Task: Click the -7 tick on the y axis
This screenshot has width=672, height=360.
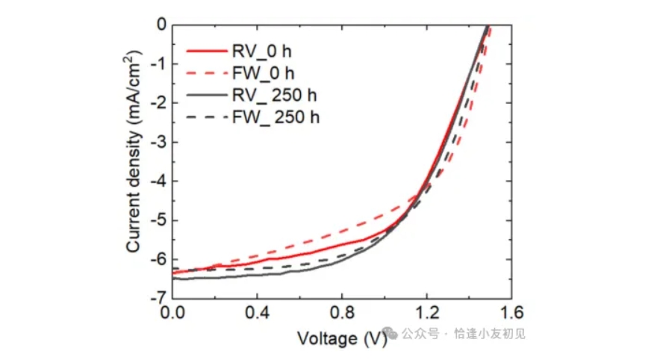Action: point(158,298)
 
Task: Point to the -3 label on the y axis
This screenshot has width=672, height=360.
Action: point(158,142)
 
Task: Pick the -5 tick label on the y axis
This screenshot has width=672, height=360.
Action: point(158,220)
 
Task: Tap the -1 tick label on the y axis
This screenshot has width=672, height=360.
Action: point(158,64)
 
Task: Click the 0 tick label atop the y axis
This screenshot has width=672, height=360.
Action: point(161,25)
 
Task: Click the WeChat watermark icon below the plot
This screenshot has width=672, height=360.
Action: point(388,333)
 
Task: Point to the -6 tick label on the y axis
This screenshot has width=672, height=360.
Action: point(158,259)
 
